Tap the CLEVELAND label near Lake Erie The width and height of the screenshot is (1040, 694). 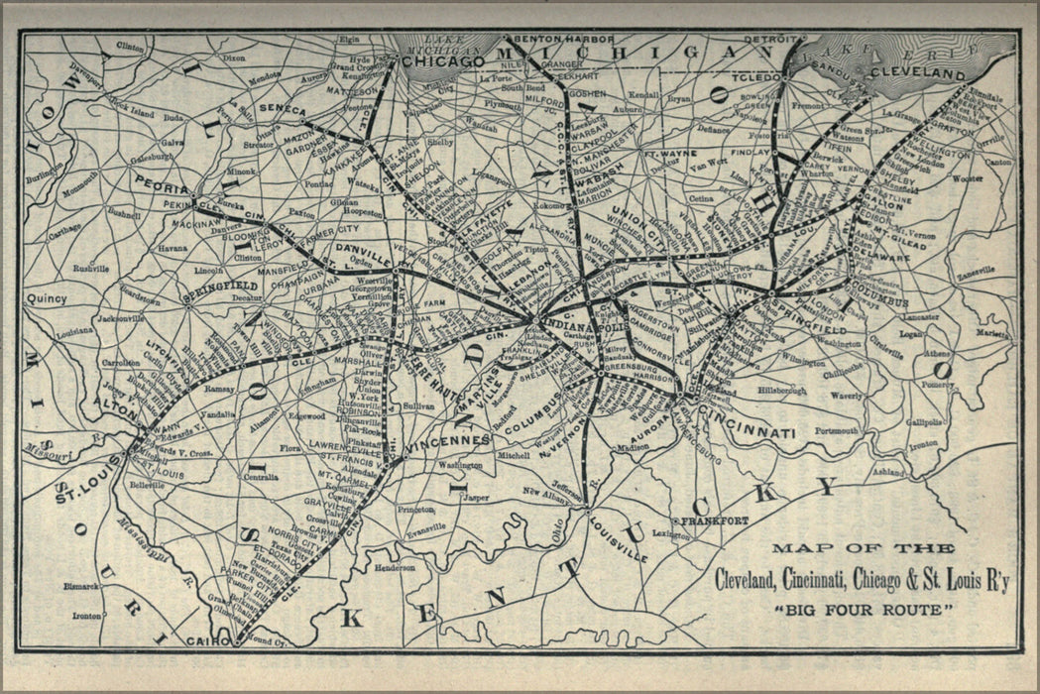pos(917,74)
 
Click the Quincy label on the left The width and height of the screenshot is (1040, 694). pos(48,297)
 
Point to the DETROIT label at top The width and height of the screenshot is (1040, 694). pos(770,39)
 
